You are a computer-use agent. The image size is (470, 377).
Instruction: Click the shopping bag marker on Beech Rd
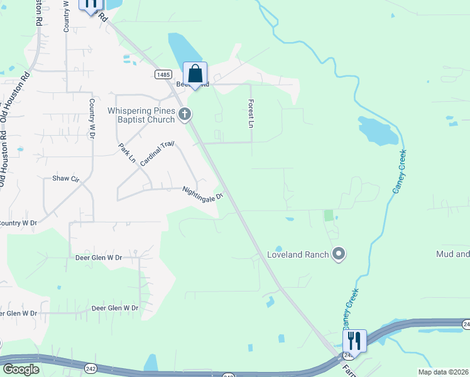[x=195, y=74]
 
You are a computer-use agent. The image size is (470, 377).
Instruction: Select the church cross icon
[x=184, y=114]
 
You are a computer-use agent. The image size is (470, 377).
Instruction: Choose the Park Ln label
[x=127, y=153]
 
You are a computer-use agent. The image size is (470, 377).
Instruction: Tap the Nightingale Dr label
[x=203, y=193]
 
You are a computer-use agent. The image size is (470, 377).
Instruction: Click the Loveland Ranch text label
[x=298, y=254]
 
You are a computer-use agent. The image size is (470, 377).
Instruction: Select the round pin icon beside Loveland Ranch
[x=339, y=254]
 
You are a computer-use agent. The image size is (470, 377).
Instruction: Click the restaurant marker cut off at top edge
[x=90, y=4]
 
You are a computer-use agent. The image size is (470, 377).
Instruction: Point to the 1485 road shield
[x=163, y=74]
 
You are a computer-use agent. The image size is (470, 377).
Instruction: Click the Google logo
[x=21, y=369]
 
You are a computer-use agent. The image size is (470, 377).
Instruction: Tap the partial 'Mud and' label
[x=452, y=254]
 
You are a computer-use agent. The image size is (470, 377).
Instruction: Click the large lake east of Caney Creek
[x=378, y=130]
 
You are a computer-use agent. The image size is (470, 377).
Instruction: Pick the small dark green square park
[x=328, y=215]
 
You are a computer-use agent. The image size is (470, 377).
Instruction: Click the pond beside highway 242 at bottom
[x=151, y=363]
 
